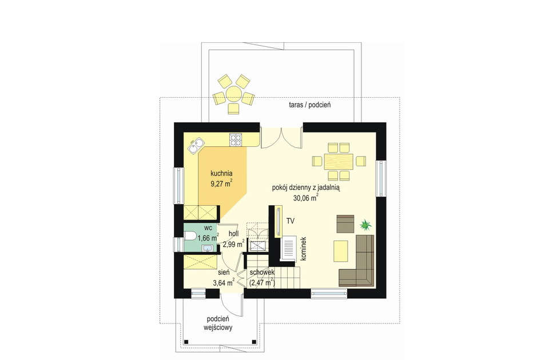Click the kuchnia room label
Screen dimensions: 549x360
coord(221,173)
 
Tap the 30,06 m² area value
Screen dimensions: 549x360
coord(305,198)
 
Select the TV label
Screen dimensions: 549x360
coord(291,221)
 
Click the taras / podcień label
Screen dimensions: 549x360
coord(310,105)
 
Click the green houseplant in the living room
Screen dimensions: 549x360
coord(366,225)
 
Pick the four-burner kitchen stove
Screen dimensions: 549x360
coord(235,140)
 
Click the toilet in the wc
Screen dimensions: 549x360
coord(189,237)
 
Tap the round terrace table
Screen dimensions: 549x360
coord(233,94)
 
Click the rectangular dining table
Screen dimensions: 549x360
coord(339,161)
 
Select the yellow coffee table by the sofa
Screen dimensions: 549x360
coord(341,251)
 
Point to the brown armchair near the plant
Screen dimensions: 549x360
coord(345,224)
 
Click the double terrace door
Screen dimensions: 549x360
coord(281,138)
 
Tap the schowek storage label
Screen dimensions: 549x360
coord(262,272)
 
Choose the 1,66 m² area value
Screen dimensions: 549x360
coord(208,238)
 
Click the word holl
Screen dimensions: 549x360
coord(233,234)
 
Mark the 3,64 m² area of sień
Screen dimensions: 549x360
coord(224,282)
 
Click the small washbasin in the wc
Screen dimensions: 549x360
coord(207,248)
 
